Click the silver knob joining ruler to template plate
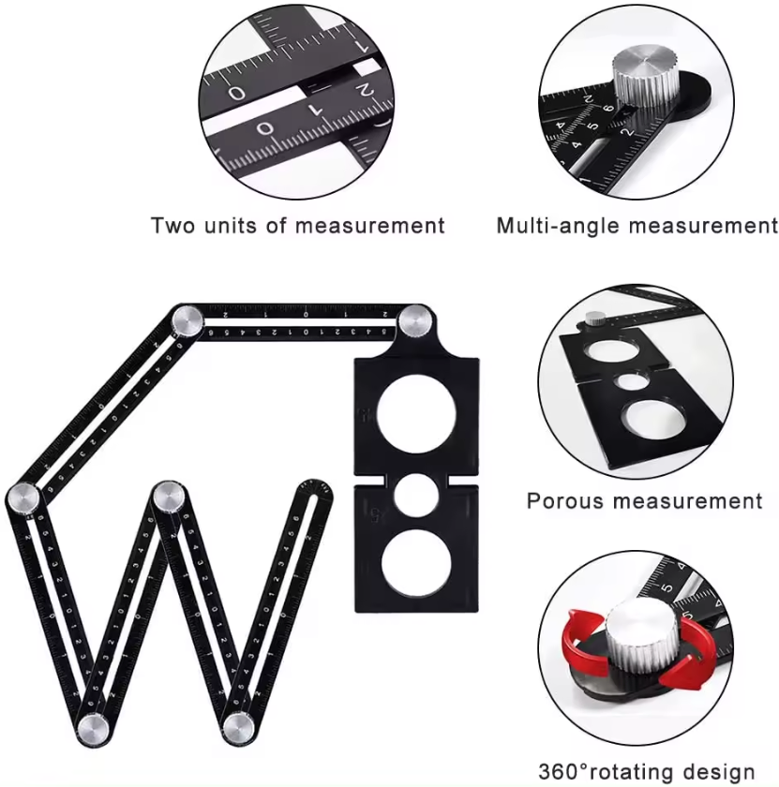(x=412, y=324)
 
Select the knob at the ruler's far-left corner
(x=22, y=497)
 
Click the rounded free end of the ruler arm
(x=312, y=490)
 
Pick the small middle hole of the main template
(x=416, y=497)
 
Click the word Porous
(x=564, y=501)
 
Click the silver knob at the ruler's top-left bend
(x=187, y=324)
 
